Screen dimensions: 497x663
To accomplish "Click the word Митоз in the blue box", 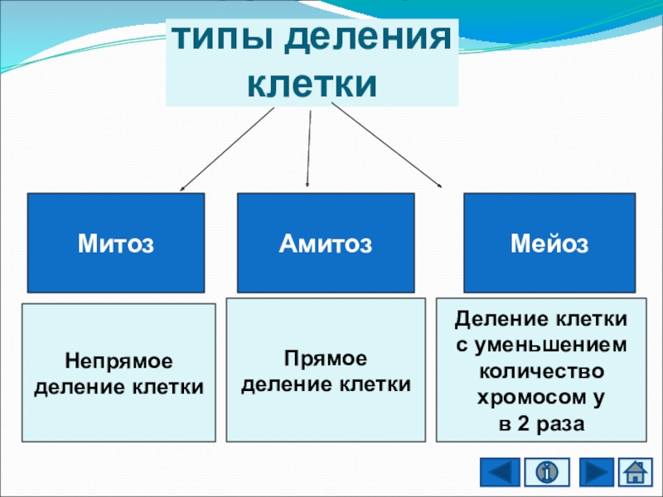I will (116, 244).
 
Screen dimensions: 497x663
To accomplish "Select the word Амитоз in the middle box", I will (325, 244).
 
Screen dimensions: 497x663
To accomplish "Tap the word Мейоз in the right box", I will (549, 244).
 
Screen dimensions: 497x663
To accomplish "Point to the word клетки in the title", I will (312, 84).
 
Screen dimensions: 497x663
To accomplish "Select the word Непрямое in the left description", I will (119, 362).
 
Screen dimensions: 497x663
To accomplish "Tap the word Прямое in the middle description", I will (325, 359).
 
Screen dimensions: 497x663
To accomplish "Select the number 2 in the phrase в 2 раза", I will (520, 422).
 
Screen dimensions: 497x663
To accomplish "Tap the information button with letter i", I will (547, 473).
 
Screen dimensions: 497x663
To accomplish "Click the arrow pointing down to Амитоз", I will (309, 149).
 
